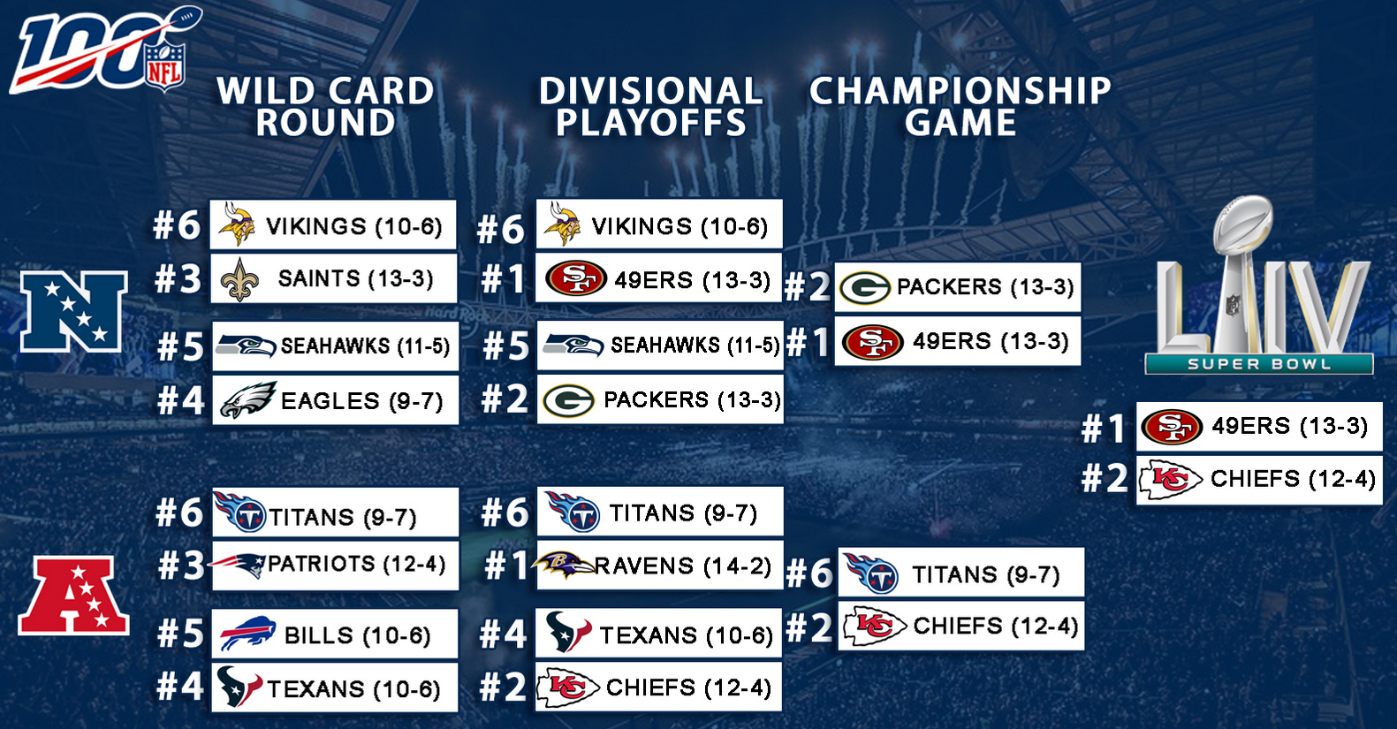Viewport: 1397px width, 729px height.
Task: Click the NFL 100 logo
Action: point(102,51)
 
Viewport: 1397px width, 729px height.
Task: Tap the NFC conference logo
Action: point(73,312)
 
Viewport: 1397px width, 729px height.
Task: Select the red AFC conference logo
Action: point(73,596)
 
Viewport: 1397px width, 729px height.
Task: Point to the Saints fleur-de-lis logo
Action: point(239,278)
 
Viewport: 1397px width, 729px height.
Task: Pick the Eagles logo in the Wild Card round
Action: point(248,399)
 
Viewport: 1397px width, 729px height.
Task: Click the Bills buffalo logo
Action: point(247,634)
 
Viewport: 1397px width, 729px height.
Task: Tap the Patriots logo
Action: point(238,565)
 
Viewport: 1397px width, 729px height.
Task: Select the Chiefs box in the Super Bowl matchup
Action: point(1259,480)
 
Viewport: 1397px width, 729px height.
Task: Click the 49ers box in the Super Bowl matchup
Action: point(1259,427)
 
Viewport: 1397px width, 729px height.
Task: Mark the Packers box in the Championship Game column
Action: point(957,287)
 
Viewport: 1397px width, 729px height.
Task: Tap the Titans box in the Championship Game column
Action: point(961,573)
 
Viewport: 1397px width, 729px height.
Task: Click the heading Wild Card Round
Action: point(325,106)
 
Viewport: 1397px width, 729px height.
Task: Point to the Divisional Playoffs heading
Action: point(651,106)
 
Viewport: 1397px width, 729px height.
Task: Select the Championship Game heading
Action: point(960,106)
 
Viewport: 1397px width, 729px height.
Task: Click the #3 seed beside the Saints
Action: point(178,278)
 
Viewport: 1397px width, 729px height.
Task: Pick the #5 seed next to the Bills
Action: point(180,634)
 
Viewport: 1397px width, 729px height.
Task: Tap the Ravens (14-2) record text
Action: point(683,566)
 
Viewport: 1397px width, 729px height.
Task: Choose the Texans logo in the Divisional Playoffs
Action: point(568,632)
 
